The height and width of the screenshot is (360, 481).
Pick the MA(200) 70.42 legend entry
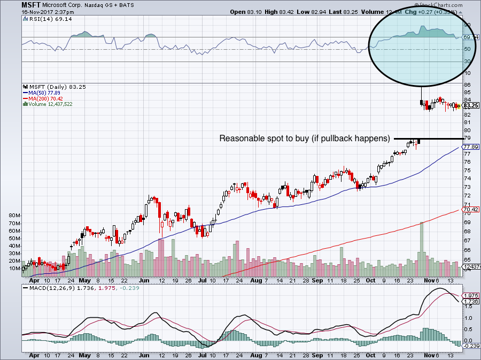coord(44,98)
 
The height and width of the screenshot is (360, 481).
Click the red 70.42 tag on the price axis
coord(469,210)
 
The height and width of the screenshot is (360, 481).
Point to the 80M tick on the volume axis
coord(14,215)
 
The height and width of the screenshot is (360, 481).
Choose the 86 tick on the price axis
coord(467,85)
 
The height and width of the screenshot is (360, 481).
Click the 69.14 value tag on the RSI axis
coord(470,37)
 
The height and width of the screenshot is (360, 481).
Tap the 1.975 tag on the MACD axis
coord(470,295)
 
